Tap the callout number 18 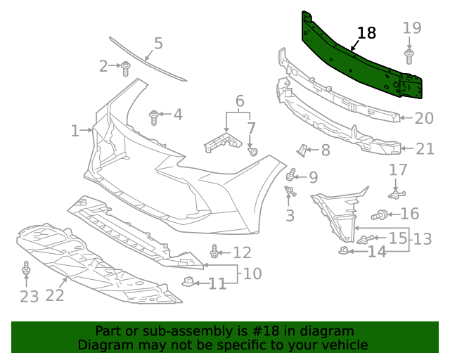tap(366, 33)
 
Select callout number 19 tap(412, 28)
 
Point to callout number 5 tap(158, 44)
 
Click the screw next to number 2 tap(126, 68)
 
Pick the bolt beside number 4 tap(154, 116)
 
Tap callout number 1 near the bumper tap(75, 131)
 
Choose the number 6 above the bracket tap(240, 101)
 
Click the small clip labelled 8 tap(301, 149)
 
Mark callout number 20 tap(424, 118)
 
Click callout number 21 tap(425, 149)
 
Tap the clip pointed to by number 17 tap(397, 193)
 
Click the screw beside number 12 tap(214, 252)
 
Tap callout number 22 tap(55, 296)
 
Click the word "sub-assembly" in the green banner tap(159, 331)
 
